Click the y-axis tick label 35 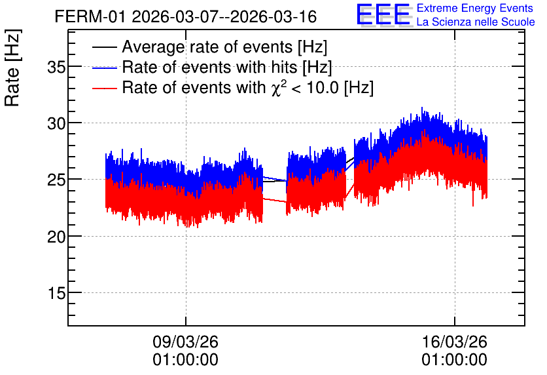(x=56, y=67)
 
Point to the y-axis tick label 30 (x=56, y=123)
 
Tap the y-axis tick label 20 (x=56, y=237)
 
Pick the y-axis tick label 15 (x=56, y=293)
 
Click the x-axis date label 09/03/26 (x=186, y=342)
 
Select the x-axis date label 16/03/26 (x=455, y=342)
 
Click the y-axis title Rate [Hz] (x=12, y=68)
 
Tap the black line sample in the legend (x=104, y=47)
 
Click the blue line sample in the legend (x=104, y=68)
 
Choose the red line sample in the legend (x=104, y=88)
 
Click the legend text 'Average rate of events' (x=207, y=47)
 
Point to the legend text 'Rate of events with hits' (x=209, y=67)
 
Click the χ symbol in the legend (x=276, y=89)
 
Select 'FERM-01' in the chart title (x=90, y=17)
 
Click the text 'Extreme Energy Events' (x=475, y=8)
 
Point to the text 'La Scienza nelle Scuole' (x=476, y=22)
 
